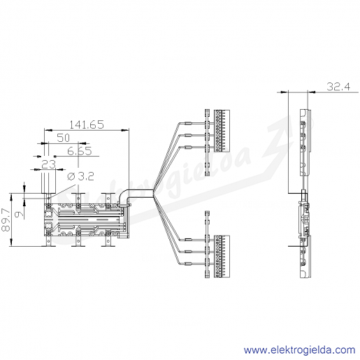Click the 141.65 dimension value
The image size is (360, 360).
[87, 124]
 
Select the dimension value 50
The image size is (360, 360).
[64, 138]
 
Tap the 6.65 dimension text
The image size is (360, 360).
[80, 151]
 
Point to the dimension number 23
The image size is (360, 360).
[49, 164]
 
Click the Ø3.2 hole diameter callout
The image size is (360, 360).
[80, 177]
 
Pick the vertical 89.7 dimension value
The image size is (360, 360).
[6, 220]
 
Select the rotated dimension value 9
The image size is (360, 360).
[20, 214]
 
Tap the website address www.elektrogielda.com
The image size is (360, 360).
[299, 350]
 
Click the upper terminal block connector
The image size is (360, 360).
[222, 131]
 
